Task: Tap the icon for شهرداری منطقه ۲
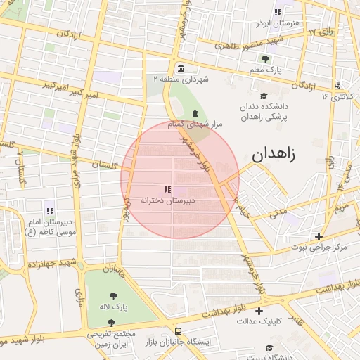(181, 68)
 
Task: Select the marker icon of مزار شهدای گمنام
(195, 114)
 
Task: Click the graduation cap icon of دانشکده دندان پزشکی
(264, 96)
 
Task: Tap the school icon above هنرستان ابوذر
(278, 12)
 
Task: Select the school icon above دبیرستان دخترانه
(167, 189)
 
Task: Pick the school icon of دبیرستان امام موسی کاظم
(49, 210)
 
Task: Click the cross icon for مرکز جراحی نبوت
(319, 236)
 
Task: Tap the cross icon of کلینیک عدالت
(259, 310)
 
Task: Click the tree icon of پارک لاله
(112, 297)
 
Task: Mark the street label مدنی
(279, 210)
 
